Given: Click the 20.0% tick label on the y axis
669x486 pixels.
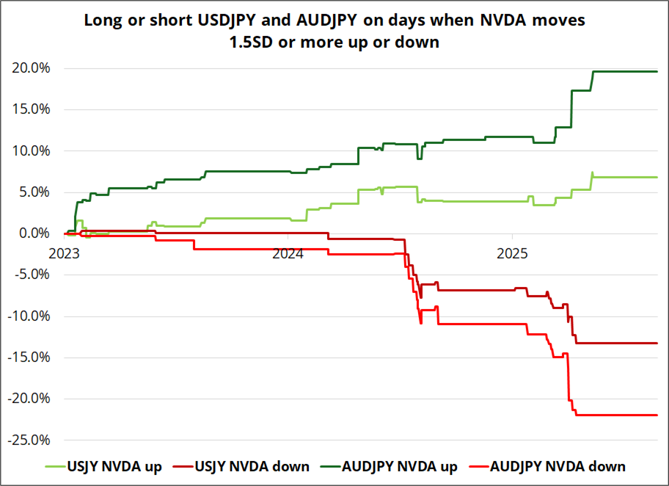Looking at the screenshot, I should pyautogui.click(x=31, y=68).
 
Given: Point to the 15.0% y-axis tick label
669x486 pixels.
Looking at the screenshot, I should pyautogui.click(x=31, y=109).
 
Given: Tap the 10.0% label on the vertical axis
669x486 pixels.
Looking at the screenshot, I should pyautogui.click(x=31, y=151).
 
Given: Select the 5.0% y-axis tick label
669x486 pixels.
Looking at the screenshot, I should pyautogui.click(x=34, y=192).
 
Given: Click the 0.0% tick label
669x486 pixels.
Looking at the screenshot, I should pyautogui.click(x=34, y=233).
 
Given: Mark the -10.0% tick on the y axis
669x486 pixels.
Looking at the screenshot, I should pyautogui.click(x=29, y=316).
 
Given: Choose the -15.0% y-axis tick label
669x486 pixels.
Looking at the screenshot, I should pyautogui.click(x=29, y=358).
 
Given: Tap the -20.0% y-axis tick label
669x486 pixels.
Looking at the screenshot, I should pyautogui.click(x=29, y=399).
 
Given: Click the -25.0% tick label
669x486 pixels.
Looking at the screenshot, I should pyautogui.click(x=29, y=440).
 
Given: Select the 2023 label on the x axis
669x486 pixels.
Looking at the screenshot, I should pyautogui.click(x=65, y=254).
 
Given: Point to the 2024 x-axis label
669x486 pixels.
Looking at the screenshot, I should pyautogui.click(x=288, y=254).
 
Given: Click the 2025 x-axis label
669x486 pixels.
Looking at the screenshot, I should pyautogui.click(x=512, y=254).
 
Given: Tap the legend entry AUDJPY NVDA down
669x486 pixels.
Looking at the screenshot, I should pyautogui.click(x=557, y=466).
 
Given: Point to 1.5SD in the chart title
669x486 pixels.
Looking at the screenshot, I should pyautogui.click(x=253, y=42).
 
